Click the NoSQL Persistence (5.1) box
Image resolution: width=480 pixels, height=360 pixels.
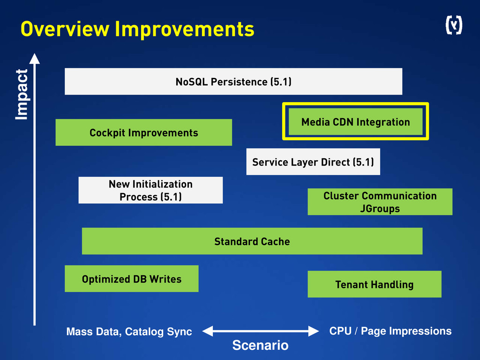233,82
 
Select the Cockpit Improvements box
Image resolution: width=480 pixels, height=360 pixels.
143,133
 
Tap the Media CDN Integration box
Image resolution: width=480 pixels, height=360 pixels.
355,122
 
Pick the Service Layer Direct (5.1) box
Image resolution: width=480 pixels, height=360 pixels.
313,162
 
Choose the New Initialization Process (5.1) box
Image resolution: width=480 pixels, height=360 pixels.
150,190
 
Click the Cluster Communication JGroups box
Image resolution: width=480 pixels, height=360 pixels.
380,202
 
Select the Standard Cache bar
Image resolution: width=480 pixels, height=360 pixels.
252,241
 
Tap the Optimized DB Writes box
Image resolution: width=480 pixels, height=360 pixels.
131,279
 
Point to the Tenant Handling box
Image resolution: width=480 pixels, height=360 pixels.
374,284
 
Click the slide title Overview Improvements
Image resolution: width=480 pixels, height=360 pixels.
137,29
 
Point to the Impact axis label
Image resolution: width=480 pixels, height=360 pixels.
22,94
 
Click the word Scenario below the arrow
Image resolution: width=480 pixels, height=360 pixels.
260,346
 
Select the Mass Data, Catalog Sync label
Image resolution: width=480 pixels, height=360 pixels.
129,332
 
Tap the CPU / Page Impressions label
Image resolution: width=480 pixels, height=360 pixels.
390,331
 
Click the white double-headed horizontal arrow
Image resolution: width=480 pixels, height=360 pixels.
260,331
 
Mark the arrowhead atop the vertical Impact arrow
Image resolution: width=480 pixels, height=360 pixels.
34,59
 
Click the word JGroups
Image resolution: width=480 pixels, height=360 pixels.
380,209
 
